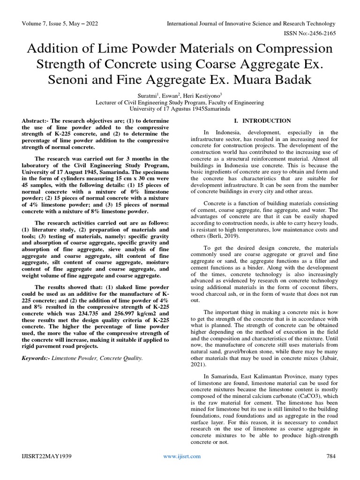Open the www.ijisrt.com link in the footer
click(181, 457)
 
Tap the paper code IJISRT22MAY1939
click(45, 457)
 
